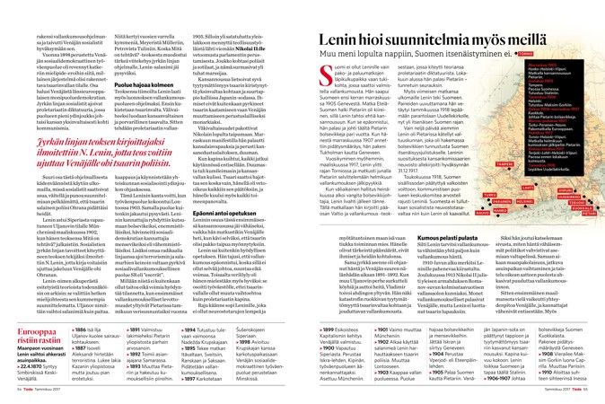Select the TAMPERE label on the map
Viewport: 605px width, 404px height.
tap(504, 164)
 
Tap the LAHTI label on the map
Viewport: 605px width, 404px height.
tap(527, 188)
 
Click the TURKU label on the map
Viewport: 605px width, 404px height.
tap(490, 195)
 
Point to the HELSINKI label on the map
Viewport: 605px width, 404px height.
tap(524, 201)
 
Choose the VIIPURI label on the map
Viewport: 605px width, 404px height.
tap(566, 190)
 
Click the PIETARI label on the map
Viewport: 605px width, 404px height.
tap(589, 214)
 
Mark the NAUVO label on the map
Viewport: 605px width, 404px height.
tap(482, 213)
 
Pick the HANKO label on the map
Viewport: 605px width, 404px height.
tap(501, 210)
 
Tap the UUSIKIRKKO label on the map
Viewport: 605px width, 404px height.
tap(569, 197)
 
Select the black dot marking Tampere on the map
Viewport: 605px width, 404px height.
tap(509, 169)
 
